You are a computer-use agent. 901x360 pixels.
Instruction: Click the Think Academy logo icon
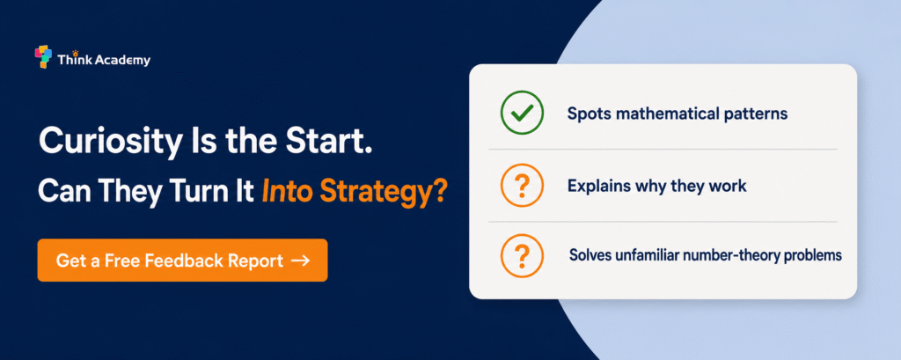[43, 56]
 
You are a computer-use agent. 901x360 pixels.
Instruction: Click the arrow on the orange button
[301, 261]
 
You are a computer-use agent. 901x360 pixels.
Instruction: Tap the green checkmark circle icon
[522, 114]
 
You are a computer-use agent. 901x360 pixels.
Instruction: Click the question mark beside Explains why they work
[522, 186]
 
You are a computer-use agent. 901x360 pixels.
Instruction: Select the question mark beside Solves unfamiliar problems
[522, 255]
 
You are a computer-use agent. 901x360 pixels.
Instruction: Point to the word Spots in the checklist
[587, 114]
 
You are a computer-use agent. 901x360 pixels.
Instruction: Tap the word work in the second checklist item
[729, 186]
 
